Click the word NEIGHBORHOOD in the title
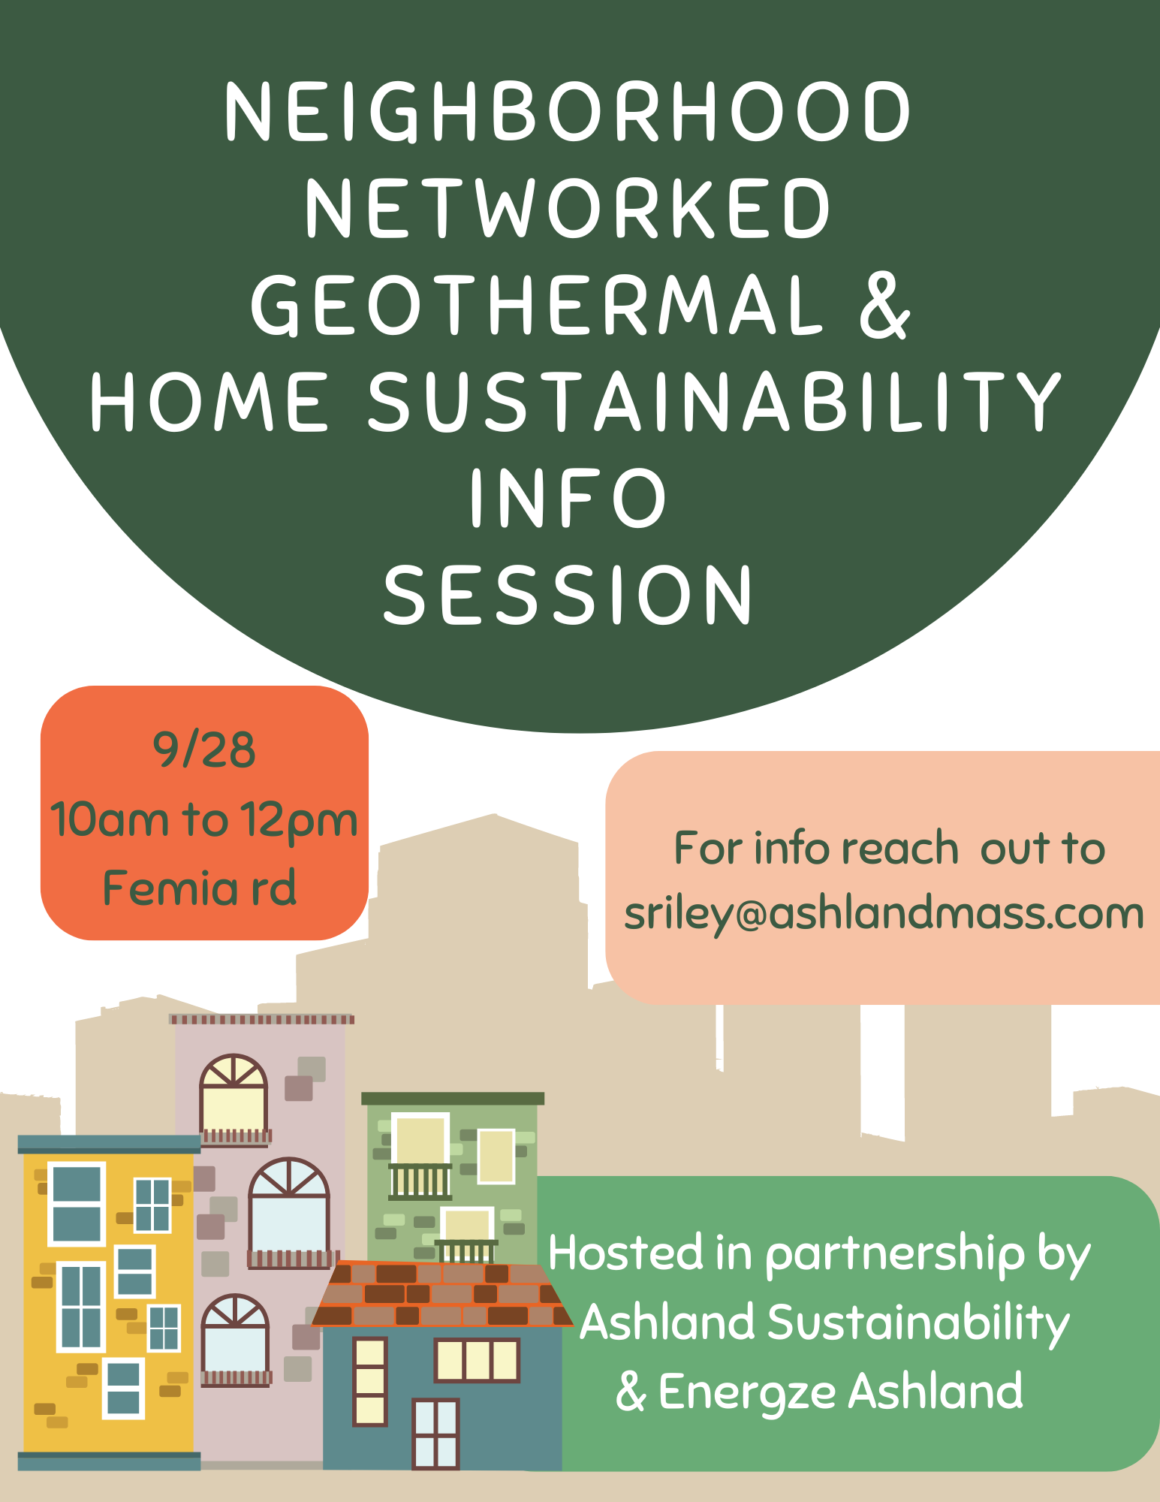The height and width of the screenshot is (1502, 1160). tap(568, 112)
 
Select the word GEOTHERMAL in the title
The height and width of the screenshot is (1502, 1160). tap(538, 305)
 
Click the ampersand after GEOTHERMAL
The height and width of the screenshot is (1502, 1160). tap(885, 305)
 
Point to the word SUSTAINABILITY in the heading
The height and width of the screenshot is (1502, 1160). tap(714, 402)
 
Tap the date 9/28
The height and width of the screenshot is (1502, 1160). tap(204, 749)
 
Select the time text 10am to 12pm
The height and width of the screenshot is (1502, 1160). tap(204, 820)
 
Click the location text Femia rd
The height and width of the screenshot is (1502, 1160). tap(200, 888)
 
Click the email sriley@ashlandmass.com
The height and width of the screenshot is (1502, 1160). tap(884, 914)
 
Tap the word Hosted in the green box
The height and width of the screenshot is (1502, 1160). tap(626, 1253)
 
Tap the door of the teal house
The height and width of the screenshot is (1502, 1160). tap(435, 1434)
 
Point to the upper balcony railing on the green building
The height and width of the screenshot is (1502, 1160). tap(420, 1181)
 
